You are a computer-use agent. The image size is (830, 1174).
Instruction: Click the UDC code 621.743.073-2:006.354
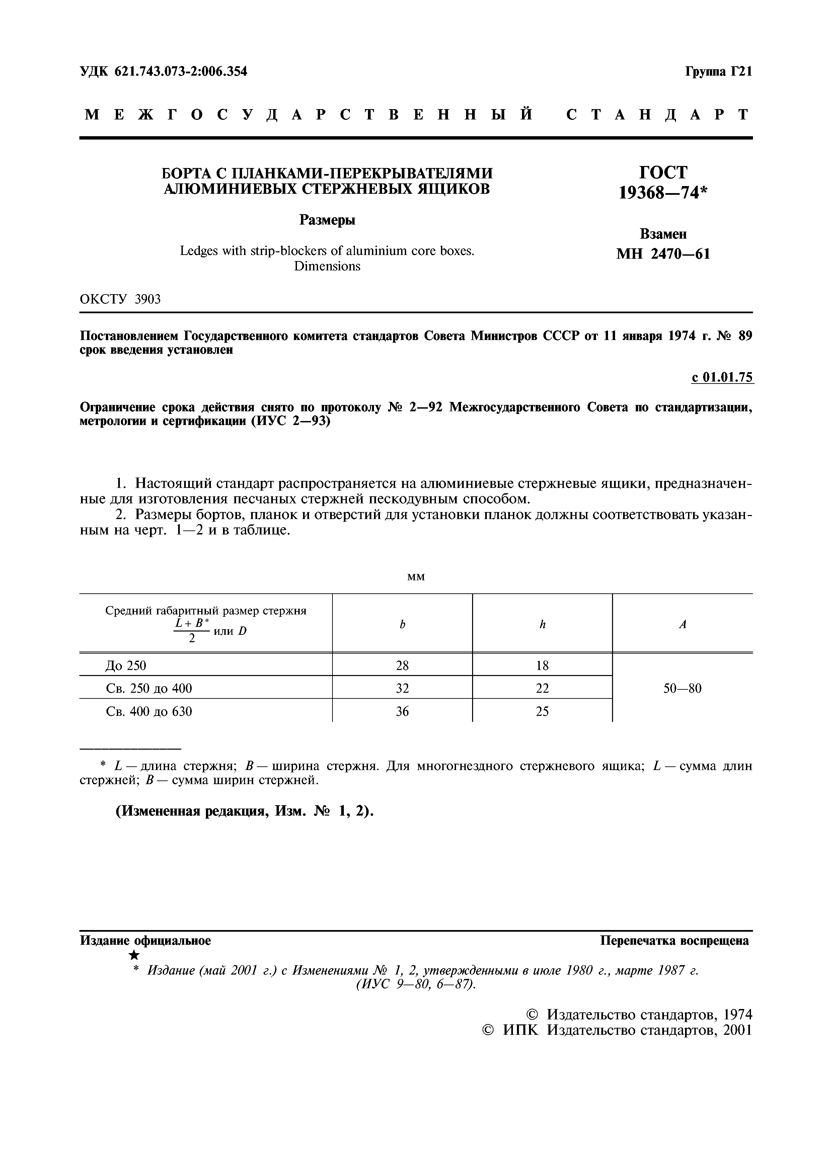click(x=180, y=72)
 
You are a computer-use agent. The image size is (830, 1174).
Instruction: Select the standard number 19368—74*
click(x=663, y=192)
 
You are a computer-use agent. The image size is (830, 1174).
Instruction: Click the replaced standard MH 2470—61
click(x=663, y=254)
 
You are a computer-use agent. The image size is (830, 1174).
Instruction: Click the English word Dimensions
click(x=327, y=266)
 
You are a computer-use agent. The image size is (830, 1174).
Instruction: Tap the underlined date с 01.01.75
click(x=722, y=378)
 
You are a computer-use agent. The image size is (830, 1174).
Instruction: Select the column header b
click(x=402, y=624)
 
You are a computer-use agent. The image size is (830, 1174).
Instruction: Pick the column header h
click(x=543, y=624)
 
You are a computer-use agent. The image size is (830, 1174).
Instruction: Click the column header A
click(x=682, y=624)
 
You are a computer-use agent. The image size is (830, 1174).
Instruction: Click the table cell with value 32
click(x=402, y=688)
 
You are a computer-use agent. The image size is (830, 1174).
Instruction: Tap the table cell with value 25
click(x=543, y=711)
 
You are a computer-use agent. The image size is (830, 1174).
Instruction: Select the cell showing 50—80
click(x=682, y=688)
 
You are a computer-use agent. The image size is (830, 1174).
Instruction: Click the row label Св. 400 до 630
click(x=149, y=711)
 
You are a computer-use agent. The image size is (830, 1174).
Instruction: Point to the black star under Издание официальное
click(x=134, y=955)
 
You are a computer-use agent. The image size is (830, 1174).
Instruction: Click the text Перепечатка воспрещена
click(x=674, y=941)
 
